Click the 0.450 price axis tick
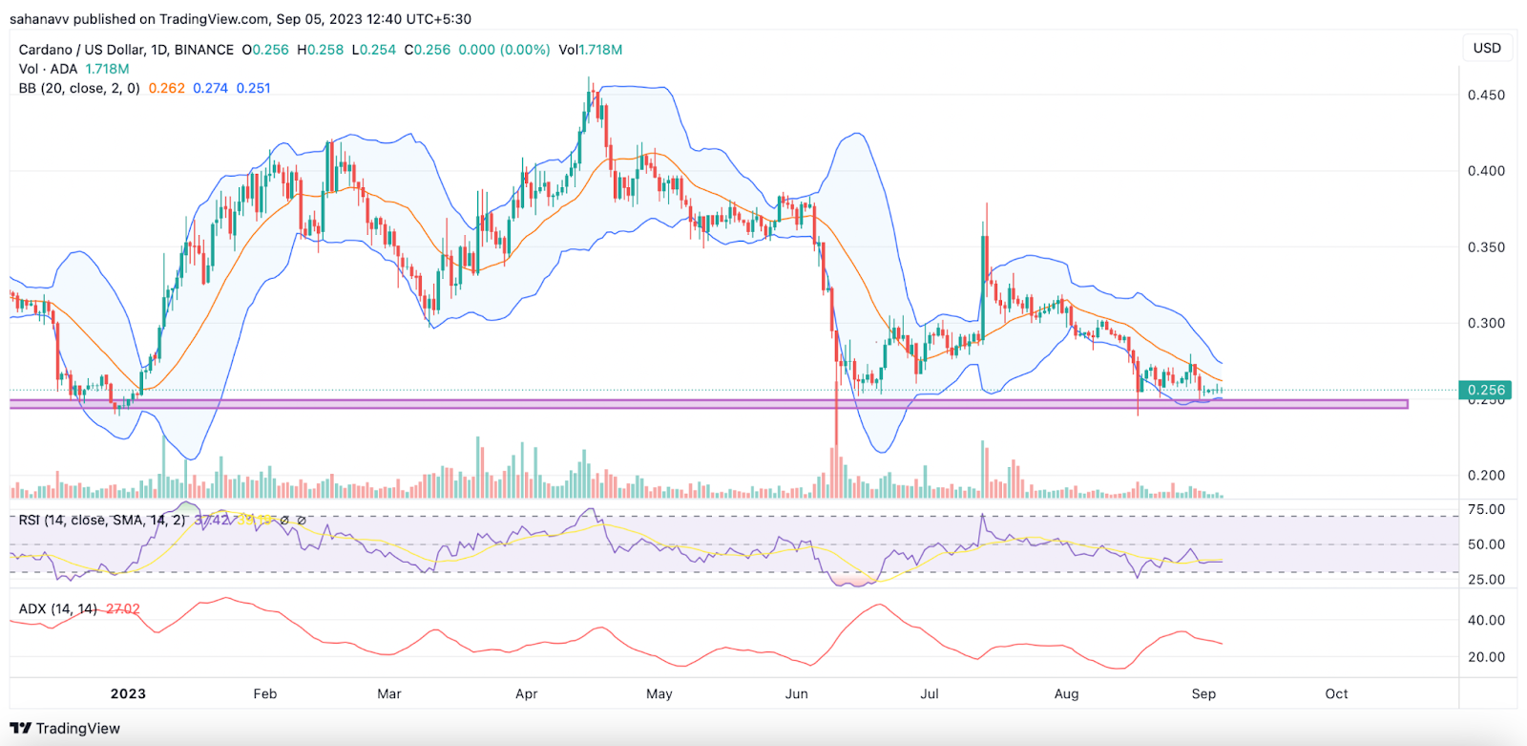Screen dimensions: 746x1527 [1486, 95]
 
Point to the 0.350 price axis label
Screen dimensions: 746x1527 [1486, 247]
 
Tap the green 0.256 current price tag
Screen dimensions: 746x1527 [1485, 390]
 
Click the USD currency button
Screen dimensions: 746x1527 [1487, 48]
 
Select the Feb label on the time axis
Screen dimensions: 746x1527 [265, 693]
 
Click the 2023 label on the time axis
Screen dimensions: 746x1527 [128, 693]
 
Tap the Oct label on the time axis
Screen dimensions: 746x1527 [1336, 693]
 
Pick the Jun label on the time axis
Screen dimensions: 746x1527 [796, 693]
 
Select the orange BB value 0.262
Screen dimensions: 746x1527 [167, 88]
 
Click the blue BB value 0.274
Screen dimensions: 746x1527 [210, 88]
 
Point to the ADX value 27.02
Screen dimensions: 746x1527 [123, 608]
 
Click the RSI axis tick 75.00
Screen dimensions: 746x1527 [1486, 510]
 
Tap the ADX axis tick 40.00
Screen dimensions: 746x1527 [1486, 620]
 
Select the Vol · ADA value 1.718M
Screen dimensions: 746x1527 [107, 69]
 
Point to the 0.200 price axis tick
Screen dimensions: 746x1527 [1486, 475]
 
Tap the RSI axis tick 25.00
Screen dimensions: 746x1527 [1486, 579]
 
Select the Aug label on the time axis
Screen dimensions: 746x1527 [1066, 693]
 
